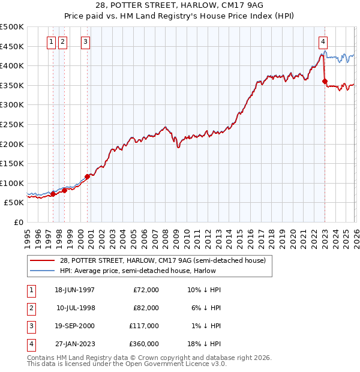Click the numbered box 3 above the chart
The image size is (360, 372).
point(86,41)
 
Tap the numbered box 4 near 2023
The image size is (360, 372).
point(323,41)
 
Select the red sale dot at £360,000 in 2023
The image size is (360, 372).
point(325,81)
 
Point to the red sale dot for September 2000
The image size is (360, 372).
point(88,176)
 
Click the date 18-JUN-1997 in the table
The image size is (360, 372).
point(74,290)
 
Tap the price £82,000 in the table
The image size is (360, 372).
point(146,308)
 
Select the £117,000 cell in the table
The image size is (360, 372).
point(145,326)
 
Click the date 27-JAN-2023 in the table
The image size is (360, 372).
point(74,344)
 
